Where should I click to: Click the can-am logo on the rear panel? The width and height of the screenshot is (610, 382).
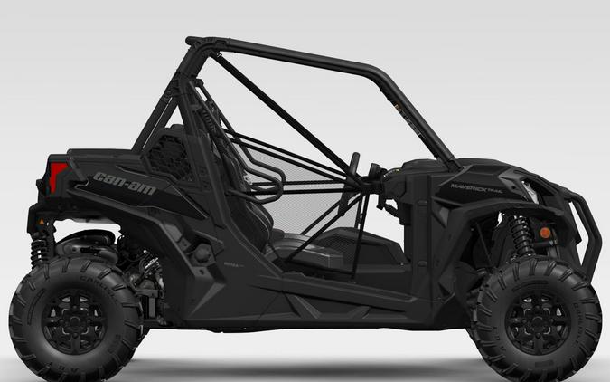pyautogui.click(x=123, y=182)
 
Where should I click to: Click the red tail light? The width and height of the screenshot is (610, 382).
pyautogui.click(x=58, y=176)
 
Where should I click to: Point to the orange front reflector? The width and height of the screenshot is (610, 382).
pyautogui.click(x=545, y=234)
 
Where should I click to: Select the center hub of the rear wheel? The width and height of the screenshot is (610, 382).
pyautogui.click(x=75, y=322)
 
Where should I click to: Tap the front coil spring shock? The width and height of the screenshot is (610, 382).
pyautogui.click(x=521, y=236)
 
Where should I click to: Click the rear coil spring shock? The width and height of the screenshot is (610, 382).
pyautogui.click(x=41, y=243)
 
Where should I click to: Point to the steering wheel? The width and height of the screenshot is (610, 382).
pyautogui.click(x=353, y=171)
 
